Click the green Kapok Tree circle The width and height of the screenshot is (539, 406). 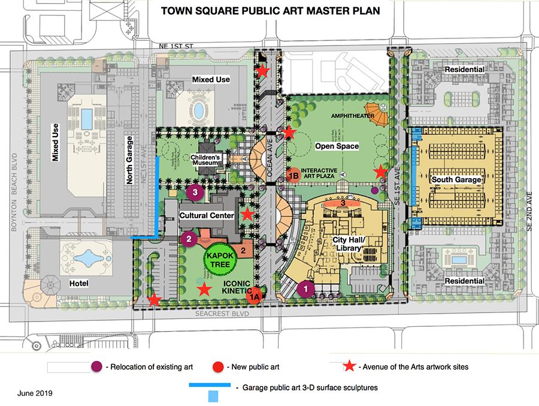[219, 258]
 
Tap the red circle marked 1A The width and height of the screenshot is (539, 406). [255, 295]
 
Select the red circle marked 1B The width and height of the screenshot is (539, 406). [293, 175]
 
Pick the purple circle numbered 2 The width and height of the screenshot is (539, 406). [189, 239]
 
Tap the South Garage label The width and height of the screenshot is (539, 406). [455, 179]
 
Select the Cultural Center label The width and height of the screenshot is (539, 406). [209, 215]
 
